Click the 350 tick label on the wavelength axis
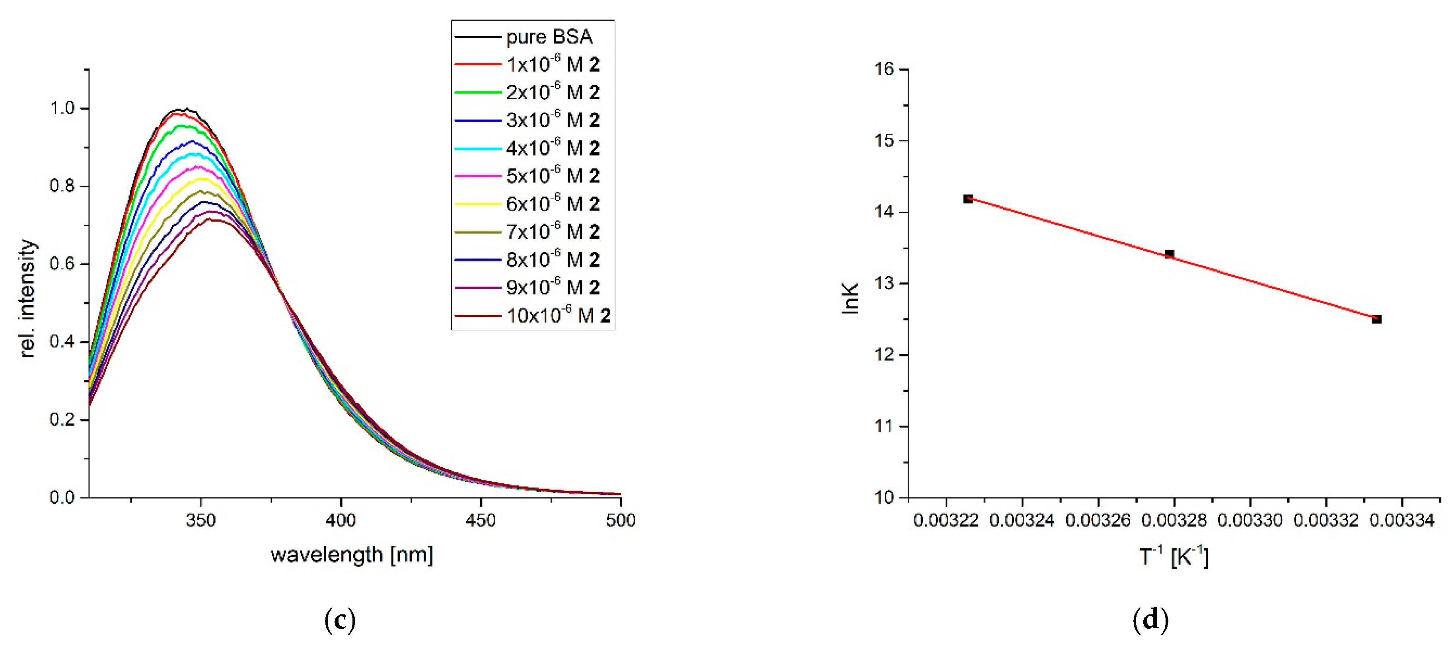200,520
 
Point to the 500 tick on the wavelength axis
621,520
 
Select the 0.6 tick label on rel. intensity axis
62,264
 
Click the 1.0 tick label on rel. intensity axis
62,108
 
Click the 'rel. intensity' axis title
27,299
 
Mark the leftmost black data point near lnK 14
968,199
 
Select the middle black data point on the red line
1169,254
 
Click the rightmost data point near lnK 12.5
1376,319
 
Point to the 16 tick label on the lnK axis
884,69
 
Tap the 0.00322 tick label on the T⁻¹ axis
946,520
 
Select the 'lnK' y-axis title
849,298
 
